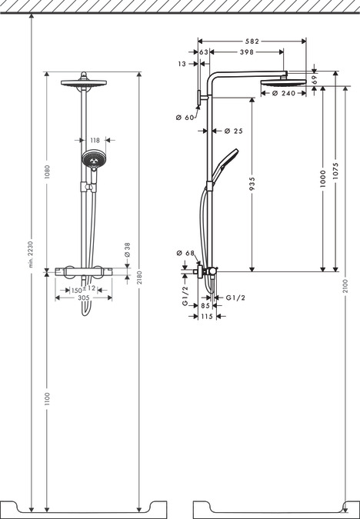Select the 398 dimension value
(246, 52)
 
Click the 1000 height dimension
(323, 179)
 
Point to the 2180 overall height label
(138, 278)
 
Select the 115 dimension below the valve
(206, 315)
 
